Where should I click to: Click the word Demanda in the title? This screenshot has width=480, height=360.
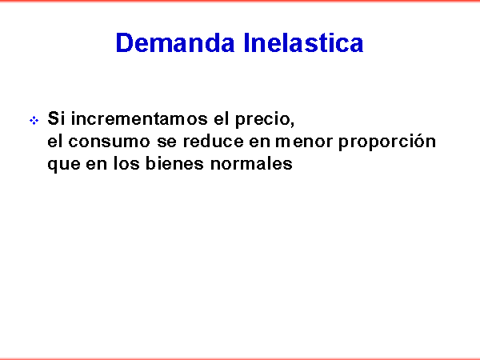pos(175,42)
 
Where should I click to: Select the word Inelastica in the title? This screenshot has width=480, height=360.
pos(303,42)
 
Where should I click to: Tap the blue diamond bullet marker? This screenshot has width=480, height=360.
pos(34,120)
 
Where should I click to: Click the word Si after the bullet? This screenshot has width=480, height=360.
pos(56,118)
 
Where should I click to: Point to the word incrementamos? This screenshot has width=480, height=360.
pos(139,118)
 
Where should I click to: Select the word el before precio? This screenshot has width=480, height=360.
pos(221,118)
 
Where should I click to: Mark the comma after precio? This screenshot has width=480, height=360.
pos(293,123)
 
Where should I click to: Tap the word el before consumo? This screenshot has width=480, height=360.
pos(54,141)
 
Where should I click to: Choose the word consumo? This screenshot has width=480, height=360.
pos(109,142)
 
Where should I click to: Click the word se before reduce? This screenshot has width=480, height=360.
pos(167,142)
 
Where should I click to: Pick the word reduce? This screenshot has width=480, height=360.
pos(214,141)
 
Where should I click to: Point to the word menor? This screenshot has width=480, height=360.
pos(304,142)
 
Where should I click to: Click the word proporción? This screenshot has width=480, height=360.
pos(387,142)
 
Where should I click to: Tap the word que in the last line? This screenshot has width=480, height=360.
pos(64,165)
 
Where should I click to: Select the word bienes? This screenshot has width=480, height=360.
pos(174,163)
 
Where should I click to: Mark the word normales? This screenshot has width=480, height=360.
pos(251,163)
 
